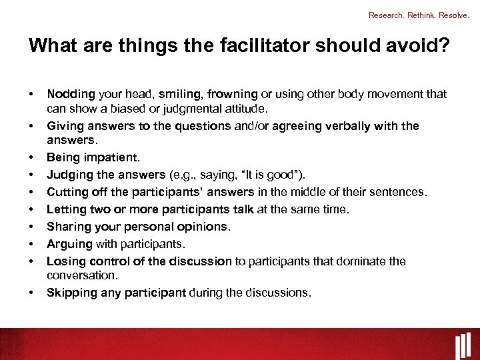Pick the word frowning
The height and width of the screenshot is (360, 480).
pos(232,94)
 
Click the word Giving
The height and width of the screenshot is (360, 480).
pos(63,126)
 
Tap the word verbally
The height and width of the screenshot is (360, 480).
pos(353,126)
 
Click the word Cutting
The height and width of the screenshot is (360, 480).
pos(67,193)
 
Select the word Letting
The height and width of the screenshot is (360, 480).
pos(66,209)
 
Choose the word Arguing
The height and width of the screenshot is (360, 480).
pos(68,244)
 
